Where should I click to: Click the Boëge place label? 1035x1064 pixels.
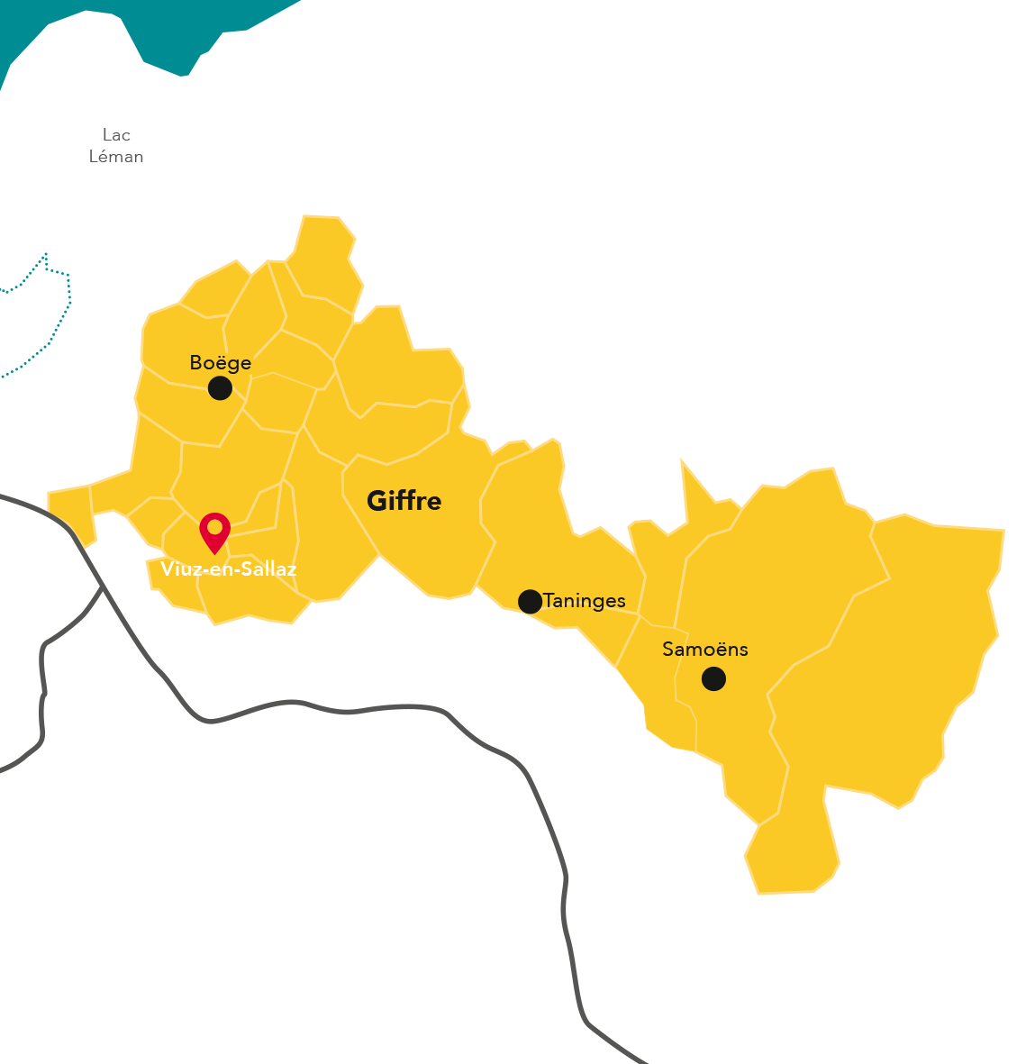[x=220, y=362]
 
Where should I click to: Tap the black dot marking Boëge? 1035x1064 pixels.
[x=220, y=388]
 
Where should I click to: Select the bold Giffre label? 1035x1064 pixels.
[x=404, y=501]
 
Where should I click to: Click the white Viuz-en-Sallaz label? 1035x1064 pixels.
[x=228, y=568]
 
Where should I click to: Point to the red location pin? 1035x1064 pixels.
[x=214, y=532]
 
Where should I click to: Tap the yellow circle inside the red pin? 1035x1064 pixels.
[x=214, y=527]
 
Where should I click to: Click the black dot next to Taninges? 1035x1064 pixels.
[x=531, y=601]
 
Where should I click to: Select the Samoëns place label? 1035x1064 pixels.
[x=704, y=649]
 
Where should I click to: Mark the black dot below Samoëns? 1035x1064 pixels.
[x=713, y=678]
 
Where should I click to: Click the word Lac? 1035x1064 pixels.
[x=116, y=135]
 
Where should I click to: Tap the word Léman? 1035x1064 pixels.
[x=116, y=157]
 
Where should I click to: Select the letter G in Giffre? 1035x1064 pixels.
[x=377, y=501]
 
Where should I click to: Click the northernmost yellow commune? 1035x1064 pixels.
[x=322, y=257]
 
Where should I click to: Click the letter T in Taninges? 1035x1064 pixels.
[x=549, y=601]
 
